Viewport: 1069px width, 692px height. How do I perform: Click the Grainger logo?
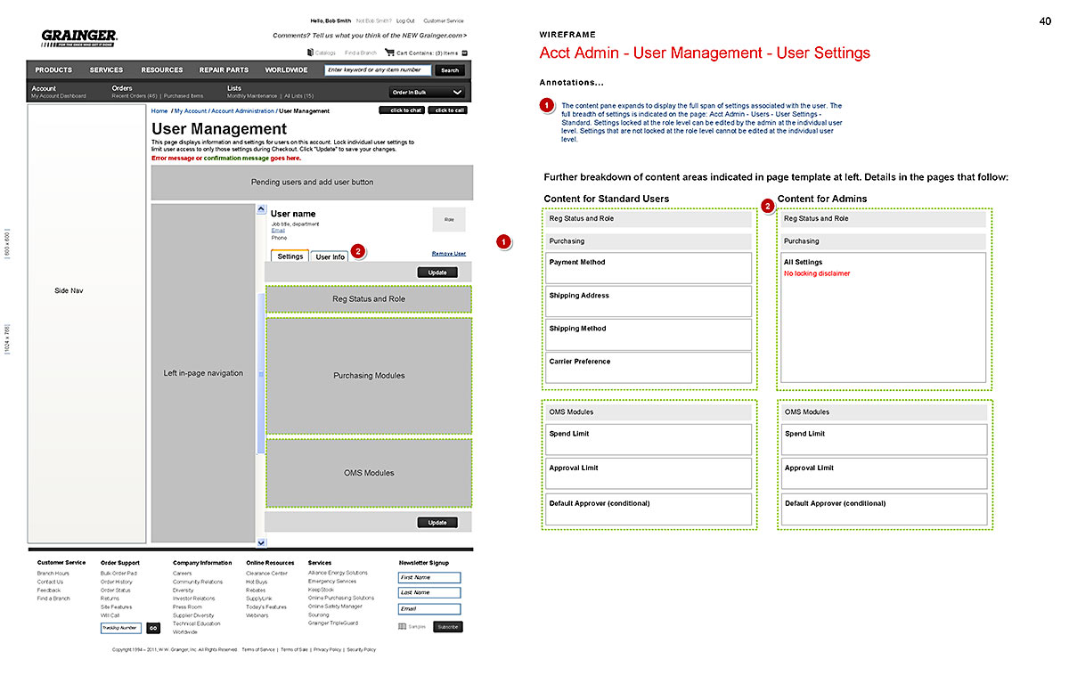tap(79, 37)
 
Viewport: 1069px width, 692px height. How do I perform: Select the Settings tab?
tap(290, 256)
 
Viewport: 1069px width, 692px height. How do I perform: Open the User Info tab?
tap(330, 257)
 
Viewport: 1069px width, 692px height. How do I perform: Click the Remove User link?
tap(448, 254)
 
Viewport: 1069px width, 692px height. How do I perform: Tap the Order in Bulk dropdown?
tap(428, 93)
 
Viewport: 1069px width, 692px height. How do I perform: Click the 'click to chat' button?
tap(402, 110)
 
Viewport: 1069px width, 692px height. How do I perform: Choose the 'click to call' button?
tap(447, 110)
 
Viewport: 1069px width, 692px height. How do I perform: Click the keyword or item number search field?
tap(378, 69)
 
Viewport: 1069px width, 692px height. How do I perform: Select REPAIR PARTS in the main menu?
tap(224, 69)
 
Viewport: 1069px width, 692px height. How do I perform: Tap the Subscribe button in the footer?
tap(448, 627)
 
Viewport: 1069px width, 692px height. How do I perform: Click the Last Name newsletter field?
tap(429, 592)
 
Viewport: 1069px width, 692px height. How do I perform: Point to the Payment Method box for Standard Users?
tap(649, 268)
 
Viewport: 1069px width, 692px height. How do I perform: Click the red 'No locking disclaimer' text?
tap(817, 273)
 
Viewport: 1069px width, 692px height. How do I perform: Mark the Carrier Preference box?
tap(649, 367)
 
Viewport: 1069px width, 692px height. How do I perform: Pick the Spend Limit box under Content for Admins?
tap(884, 439)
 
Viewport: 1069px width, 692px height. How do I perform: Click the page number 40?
tap(1045, 21)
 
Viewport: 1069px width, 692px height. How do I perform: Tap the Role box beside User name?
tap(449, 219)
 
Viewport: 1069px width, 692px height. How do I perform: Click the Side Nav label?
tap(69, 291)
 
